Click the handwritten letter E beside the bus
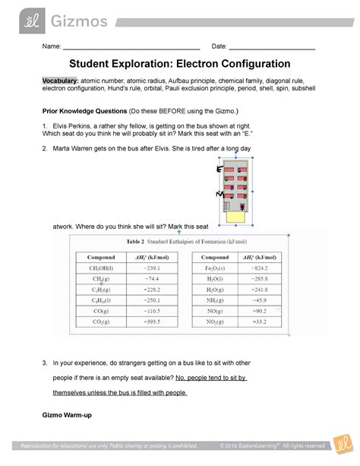(x=219, y=170)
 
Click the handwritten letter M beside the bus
(x=219, y=195)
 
